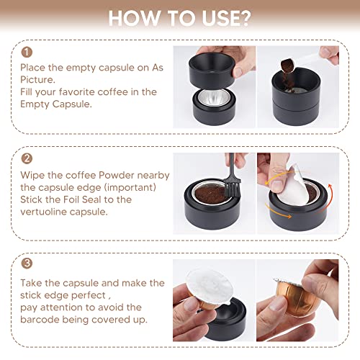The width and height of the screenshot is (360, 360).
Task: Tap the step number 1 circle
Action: (x=27, y=52)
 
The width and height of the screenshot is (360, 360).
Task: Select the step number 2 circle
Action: (x=27, y=158)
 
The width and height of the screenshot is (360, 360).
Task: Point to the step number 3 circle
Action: (x=27, y=264)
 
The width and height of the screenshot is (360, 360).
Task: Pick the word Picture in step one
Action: (x=37, y=80)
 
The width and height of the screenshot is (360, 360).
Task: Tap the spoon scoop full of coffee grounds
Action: (x=288, y=66)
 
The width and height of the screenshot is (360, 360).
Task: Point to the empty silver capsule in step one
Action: (x=214, y=98)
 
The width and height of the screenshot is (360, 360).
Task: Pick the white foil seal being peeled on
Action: (x=294, y=186)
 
